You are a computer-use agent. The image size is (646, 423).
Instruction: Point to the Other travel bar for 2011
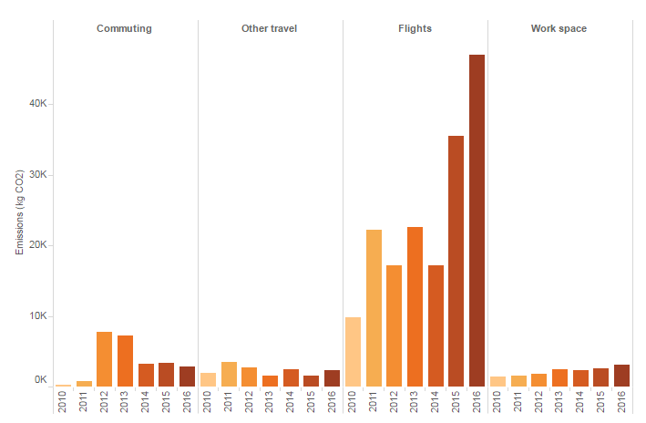point(229,375)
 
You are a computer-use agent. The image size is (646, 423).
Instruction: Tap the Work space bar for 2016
point(621,376)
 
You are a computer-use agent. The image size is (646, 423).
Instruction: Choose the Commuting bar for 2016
point(187,377)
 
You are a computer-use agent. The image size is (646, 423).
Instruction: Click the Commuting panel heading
point(124,28)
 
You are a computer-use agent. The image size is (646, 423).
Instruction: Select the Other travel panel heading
point(269,28)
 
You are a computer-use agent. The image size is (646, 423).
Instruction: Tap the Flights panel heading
point(415,28)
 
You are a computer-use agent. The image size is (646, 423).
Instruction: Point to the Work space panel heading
point(559,28)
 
